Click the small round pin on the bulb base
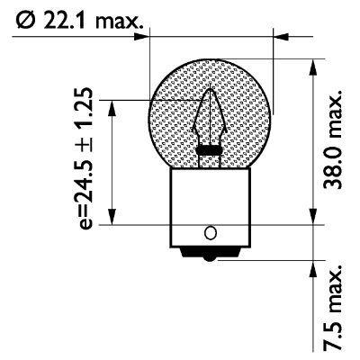210,233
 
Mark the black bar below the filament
210,149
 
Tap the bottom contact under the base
210,255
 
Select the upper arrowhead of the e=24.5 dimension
111,104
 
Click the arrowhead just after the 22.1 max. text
144,38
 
